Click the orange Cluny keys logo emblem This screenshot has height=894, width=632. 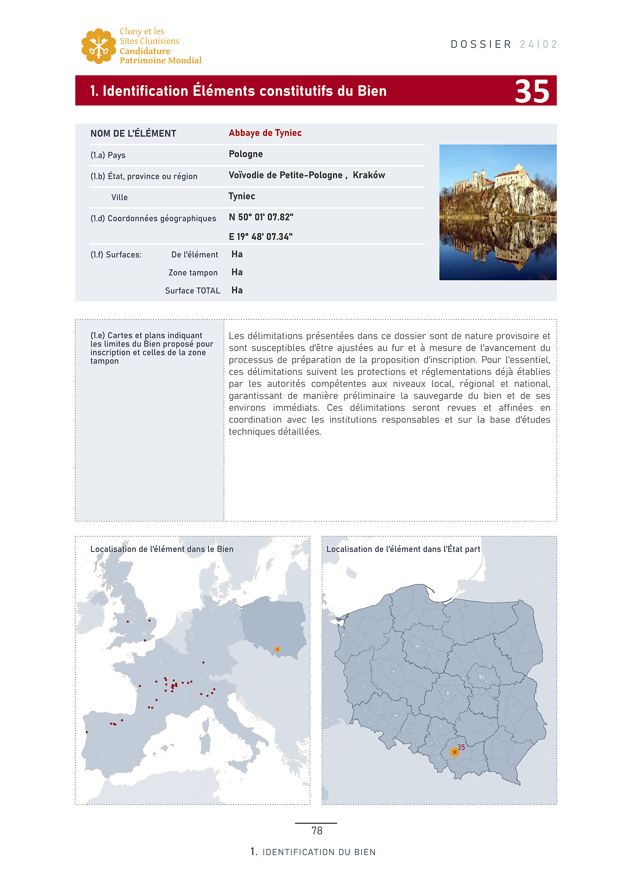[99, 46]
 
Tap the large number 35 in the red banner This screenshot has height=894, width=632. [532, 91]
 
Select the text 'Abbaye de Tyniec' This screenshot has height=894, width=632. [265, 133]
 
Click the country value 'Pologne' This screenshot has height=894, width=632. [246, 154]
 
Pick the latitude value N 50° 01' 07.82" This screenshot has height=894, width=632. [261, 217]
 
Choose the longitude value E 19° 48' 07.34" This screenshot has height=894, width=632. [260, 237]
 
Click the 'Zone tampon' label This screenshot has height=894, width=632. [193, 273]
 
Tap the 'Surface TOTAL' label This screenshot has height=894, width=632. [192, 290]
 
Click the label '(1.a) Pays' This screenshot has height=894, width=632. [108, 155]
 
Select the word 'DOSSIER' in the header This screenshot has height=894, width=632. [481, 44]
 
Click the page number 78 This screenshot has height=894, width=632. [317, 831]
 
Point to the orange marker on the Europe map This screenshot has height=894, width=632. [277, 649]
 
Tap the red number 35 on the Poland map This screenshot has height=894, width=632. [461, 747]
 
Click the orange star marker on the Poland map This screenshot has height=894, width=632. [454, 752]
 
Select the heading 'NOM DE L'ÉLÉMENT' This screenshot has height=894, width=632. [133, 133]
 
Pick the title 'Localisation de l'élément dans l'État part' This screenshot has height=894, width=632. [403, 549]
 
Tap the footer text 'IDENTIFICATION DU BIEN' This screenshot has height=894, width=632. [319, 852]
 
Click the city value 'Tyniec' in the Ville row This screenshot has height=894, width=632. [241, 196]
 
